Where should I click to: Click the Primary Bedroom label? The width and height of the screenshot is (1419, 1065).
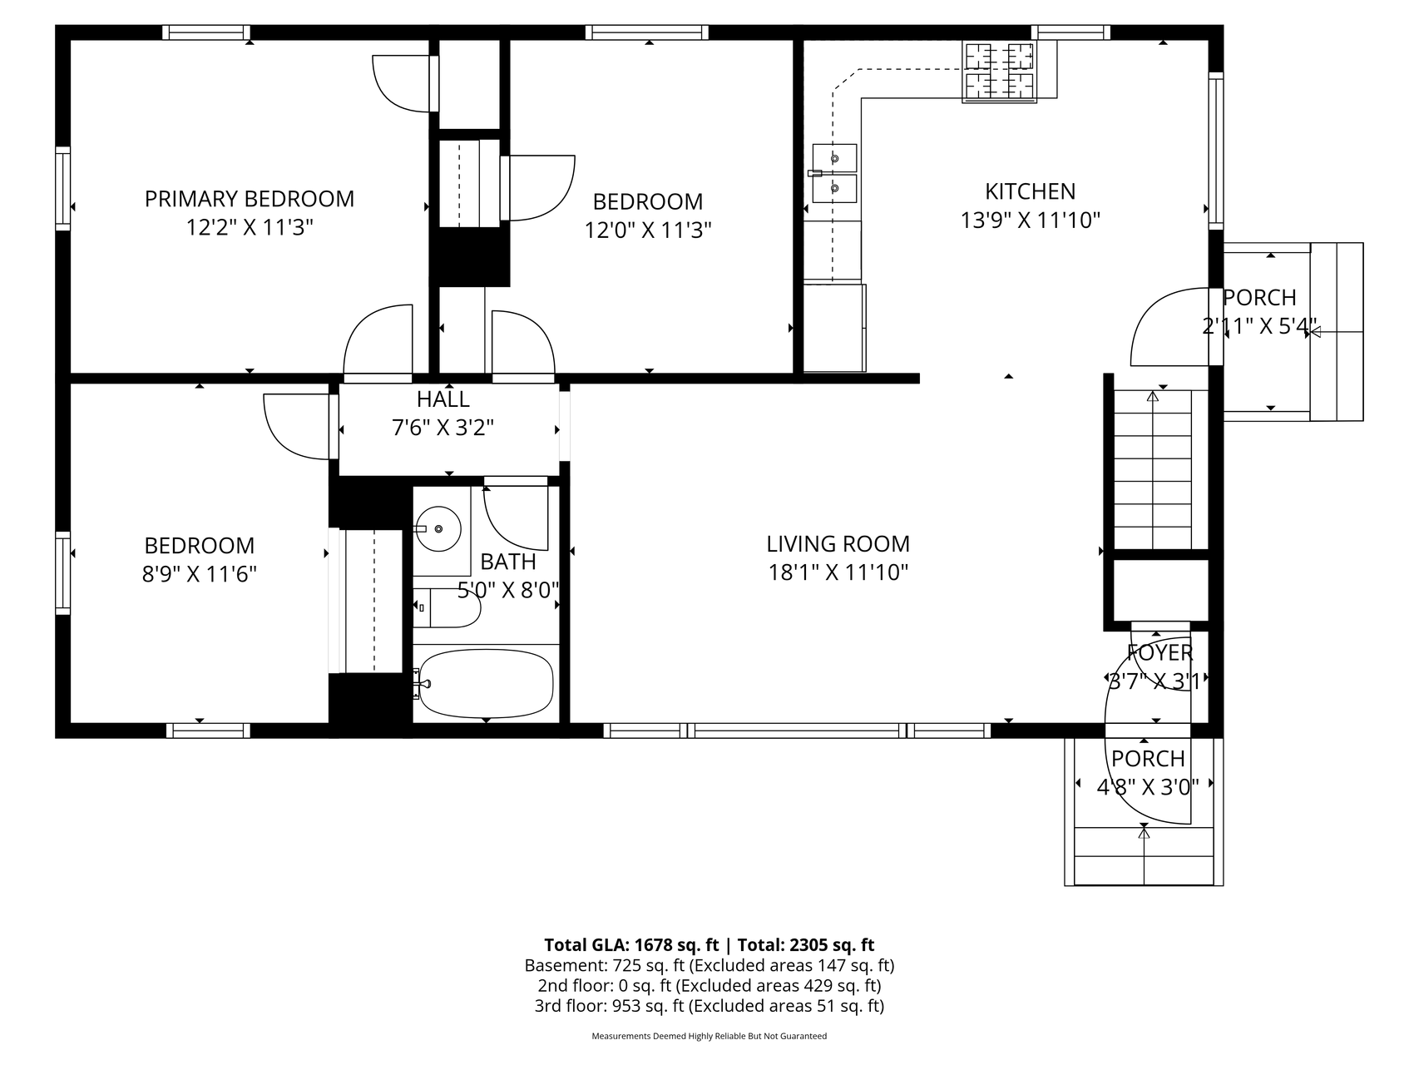click(x=250, y=199)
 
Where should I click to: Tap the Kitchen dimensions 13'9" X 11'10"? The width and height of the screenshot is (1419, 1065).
click(x=1031, y=220)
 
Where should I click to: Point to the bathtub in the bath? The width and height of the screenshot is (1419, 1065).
click(x=486, y=683)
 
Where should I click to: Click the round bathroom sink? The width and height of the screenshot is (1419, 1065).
click(x=438, y=528)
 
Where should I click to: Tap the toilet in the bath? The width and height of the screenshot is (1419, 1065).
click(x=447, y=608)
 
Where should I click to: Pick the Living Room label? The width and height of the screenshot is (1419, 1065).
click(x=838, y=544)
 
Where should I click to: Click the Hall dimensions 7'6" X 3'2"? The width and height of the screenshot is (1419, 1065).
click(x=443, y=428)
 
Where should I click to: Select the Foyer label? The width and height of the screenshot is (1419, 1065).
click(x=1159, y=652)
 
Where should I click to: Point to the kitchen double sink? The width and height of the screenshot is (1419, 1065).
click(x=834, y=173)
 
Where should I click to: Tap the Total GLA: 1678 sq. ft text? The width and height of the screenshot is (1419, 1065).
click(x=631, y=945)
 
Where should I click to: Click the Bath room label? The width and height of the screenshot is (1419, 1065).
click(x=508, y=562)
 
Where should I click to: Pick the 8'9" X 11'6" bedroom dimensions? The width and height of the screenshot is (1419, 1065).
click(x=199, y=574)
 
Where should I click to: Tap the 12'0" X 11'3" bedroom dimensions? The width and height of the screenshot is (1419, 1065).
click(x=648, y=230)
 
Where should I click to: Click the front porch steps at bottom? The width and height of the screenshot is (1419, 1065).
click(x=1144, y=855)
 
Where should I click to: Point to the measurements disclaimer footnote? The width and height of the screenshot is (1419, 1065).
click(x=709, y=1037)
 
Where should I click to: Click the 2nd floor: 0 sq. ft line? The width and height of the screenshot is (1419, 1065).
click(x=709, y=986)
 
